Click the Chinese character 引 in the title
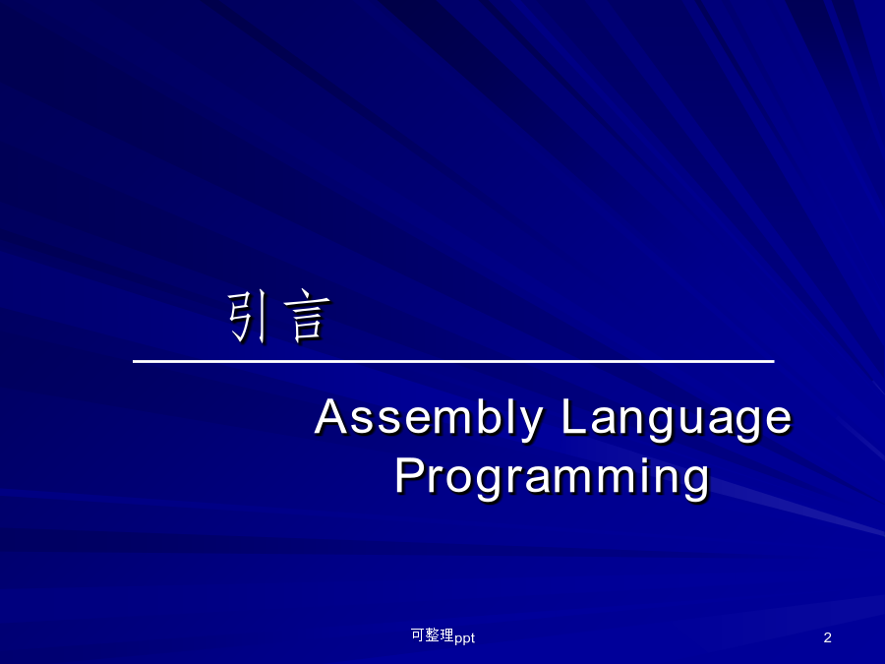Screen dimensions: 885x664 coord(247,318)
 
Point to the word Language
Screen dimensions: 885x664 coord(677,420)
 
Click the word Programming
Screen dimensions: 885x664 coord(552,479)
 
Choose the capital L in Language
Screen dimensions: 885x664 coord(573,417)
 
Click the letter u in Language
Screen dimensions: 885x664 coord(693,421)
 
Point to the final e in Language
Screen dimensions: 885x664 coord(780,421)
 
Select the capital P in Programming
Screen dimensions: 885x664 coord(409,475)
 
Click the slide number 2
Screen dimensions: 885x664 coord(827,637)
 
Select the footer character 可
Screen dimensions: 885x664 coord(418,635)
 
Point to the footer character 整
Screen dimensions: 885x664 coord(433,635)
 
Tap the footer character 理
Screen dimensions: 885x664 coord(447,635)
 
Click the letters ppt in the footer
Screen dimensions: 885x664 coord(464,638)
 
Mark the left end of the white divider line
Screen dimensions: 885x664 coord(133,361)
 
